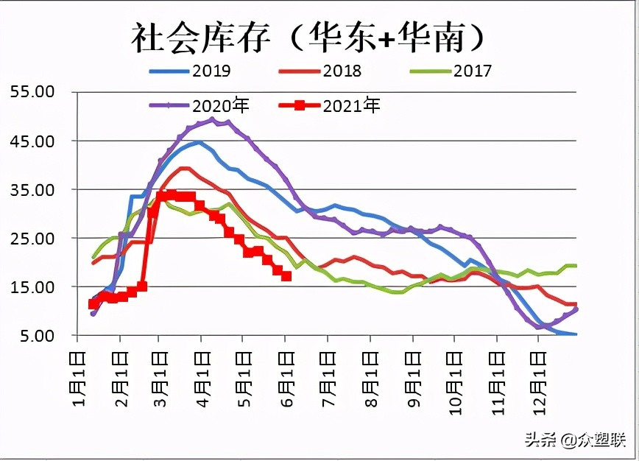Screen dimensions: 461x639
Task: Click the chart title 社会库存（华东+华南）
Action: point(309,37)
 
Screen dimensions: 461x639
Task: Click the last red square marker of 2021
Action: point(286,276)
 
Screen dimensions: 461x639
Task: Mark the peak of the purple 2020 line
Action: point(212,119)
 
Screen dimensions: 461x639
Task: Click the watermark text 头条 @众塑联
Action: point(574,440)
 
